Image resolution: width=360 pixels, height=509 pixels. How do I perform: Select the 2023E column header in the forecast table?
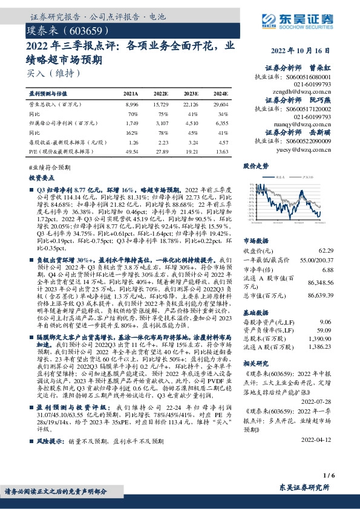[x=191, y=94]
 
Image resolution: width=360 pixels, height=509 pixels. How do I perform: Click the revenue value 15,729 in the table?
[x=160, y=104]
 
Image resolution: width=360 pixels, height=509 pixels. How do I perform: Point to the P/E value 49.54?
[x=130, y=151]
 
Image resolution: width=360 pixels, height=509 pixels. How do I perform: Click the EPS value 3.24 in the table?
[x=191, y=141]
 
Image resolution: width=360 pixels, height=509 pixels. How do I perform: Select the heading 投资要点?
[x=42, y=179]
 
